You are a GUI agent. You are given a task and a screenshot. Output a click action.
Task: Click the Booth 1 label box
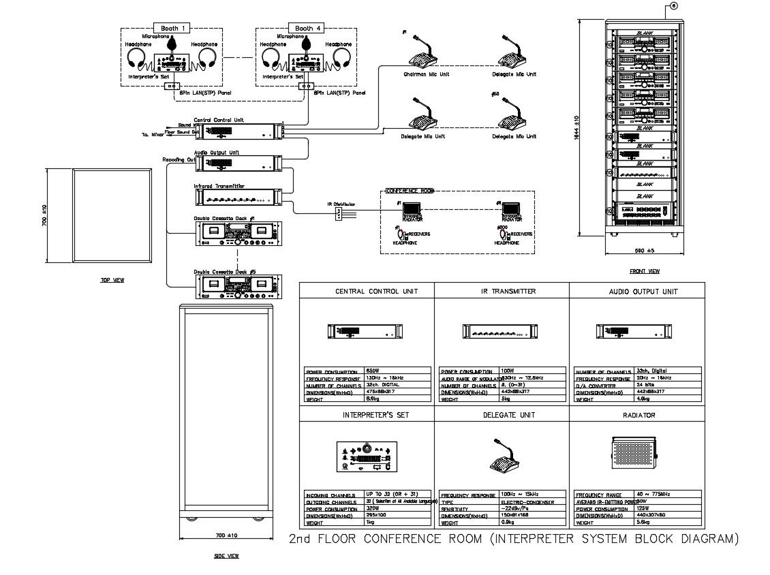tap(170, 28)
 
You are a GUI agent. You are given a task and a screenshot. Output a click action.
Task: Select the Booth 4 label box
tap(305, 28)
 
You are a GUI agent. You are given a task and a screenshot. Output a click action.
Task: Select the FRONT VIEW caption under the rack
tap(644, 271)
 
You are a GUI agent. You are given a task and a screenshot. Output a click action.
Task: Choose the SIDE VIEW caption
tap(226, 556)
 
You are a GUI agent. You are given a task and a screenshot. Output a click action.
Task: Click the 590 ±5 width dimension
tap(645, 251)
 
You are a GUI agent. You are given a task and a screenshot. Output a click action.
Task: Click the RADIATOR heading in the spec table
tap(638, 415)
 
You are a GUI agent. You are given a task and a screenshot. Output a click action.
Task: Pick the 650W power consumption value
tap(374, 371)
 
